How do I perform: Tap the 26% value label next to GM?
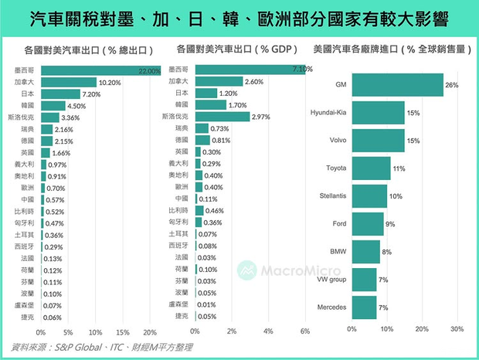click(x=452, y=84)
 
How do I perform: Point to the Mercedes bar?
click(x=364, y=307)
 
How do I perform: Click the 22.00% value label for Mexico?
click(x=148, y=71)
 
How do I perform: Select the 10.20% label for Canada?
click(x=109, y=82)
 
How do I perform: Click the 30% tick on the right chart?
click(x=457, y=328)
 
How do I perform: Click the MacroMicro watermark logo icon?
click(x=246, y=270)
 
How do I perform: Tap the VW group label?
click(x=332, y=280)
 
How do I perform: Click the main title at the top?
click(x=239, y=16)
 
